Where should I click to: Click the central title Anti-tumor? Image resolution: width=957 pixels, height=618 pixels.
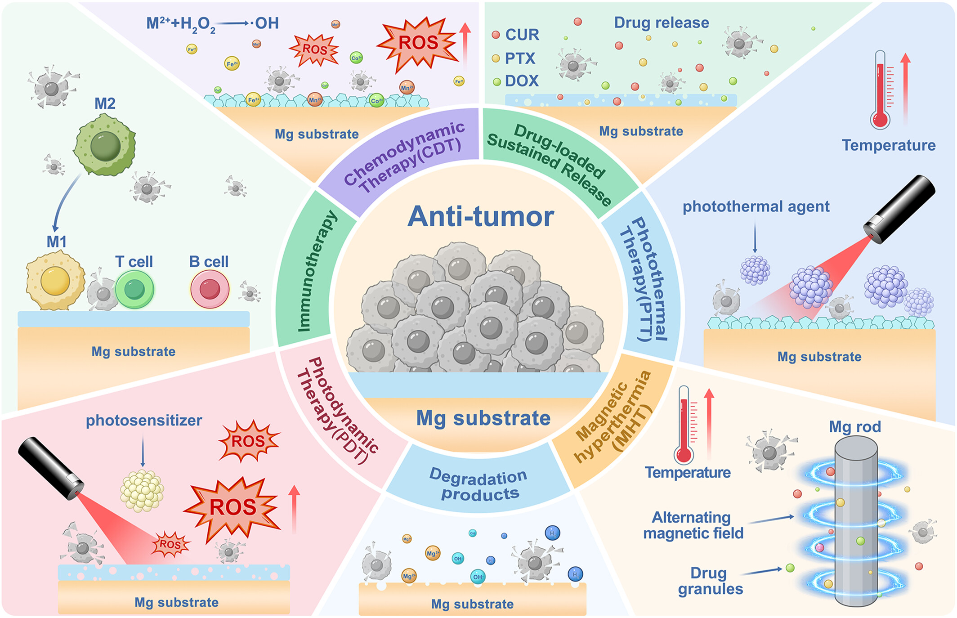click(480, 217)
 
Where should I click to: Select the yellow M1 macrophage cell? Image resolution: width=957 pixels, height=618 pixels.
click(55, 281)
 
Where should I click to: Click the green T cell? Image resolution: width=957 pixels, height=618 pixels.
click(134, 290)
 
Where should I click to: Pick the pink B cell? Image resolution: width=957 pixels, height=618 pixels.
click(210, 290)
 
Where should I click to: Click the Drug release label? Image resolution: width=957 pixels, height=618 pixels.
click(661, 22)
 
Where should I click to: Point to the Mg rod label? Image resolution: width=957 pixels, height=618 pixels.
click(854, 426)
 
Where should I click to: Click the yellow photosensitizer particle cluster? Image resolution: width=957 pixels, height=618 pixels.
click(142, 491)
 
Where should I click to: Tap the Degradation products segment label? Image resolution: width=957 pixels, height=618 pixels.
click(479, 484)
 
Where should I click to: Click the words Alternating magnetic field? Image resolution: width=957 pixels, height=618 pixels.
click(693, 525)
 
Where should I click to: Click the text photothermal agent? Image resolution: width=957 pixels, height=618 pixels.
click(756, 206)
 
